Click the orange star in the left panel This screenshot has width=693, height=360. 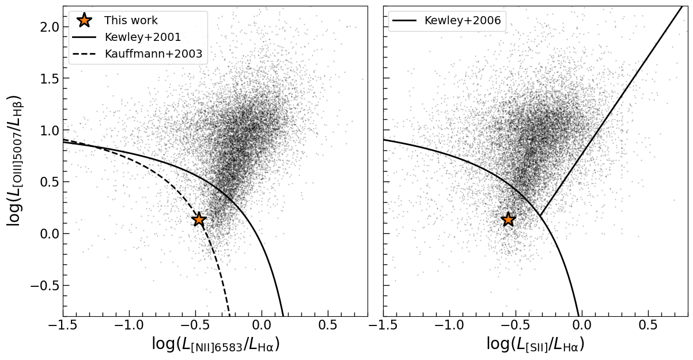[199, 219]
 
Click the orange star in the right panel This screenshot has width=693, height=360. [508, 219]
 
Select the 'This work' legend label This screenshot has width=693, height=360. [131, 21]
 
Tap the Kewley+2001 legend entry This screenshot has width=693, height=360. [142, 37]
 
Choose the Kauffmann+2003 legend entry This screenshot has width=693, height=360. [153, 54]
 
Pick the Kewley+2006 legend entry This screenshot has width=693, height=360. [462, 21]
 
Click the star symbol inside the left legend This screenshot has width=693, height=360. [84, 20]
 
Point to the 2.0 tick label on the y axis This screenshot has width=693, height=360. [44, 27]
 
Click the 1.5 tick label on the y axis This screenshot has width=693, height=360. [44, 78]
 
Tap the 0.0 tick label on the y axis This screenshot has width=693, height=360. [44, 234]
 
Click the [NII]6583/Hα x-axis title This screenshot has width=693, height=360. [215, 344]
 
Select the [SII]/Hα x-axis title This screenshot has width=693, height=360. [535, 344]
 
